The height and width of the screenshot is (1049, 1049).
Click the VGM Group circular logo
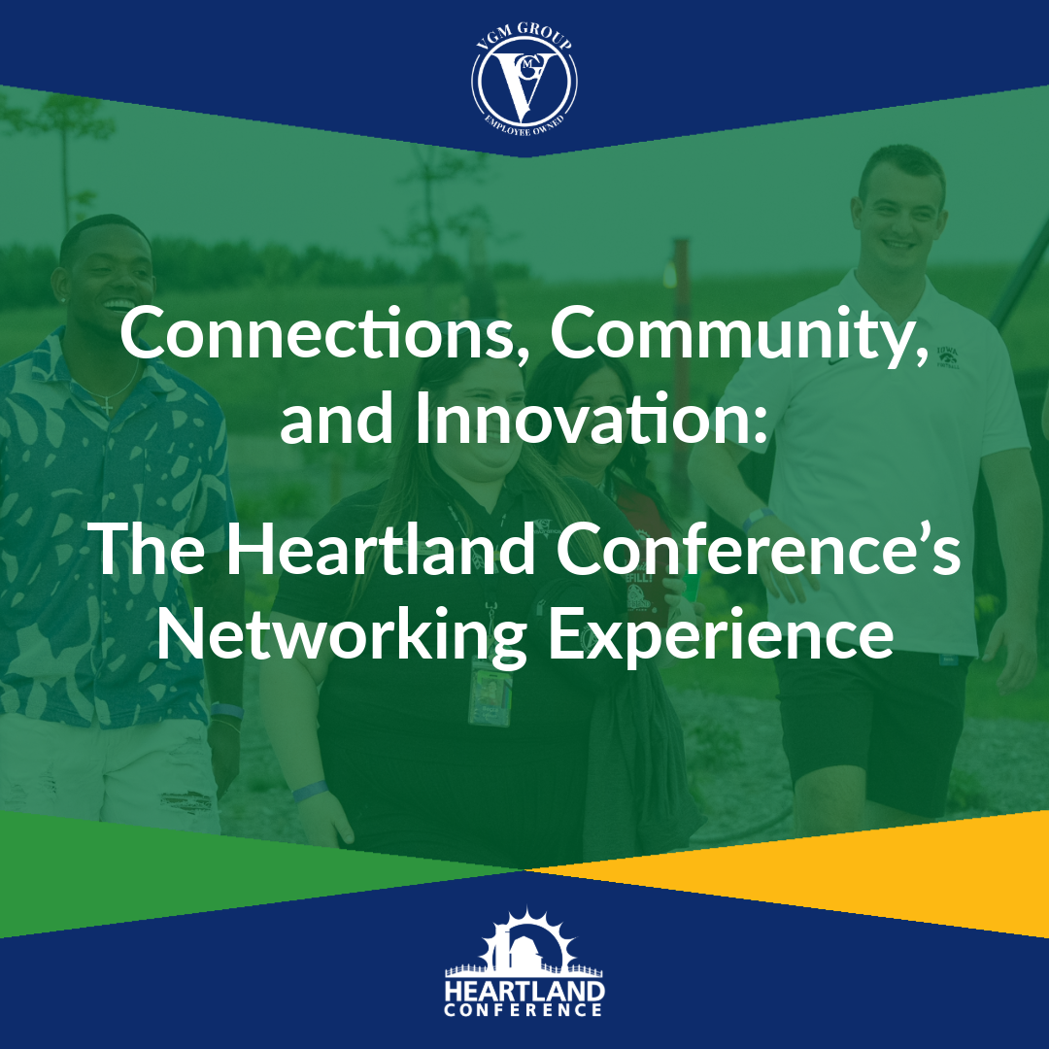click(x=524, y=80)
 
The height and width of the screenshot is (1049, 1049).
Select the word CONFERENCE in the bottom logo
click(x=524, y=1010)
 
